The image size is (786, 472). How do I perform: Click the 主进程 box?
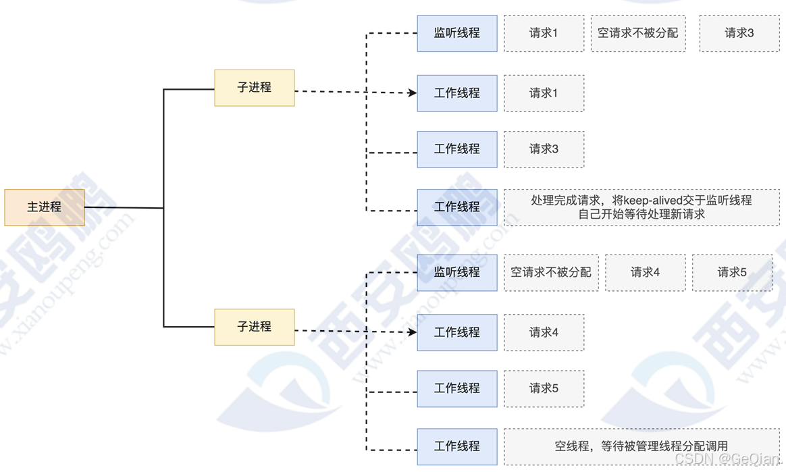pos(45,207)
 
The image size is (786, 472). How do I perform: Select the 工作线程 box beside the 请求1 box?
pos(457,93)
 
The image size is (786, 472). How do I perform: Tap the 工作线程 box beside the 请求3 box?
pos(457,149)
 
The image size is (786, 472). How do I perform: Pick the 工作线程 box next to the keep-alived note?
pos(457,207)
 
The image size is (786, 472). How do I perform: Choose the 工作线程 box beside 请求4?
pos(457,332)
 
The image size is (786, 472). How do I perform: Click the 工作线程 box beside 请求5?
pos(457,388)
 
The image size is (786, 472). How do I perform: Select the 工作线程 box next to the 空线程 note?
pos(457,446)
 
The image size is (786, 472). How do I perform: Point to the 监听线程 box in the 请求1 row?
pos(457,33)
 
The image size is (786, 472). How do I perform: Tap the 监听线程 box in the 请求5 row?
pos(457,272)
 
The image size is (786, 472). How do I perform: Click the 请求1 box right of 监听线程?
pos(544,33)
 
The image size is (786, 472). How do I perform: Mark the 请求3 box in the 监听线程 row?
pos(739,33)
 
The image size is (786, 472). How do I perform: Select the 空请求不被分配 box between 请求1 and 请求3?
pos(638,33)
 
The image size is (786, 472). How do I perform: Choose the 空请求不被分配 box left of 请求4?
pos(551,272)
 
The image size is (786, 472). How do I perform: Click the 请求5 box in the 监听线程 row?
pos(732,272)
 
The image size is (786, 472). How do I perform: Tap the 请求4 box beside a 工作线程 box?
pos(544,332)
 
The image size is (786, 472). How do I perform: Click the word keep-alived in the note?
pos(653,201)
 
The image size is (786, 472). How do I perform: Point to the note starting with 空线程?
pos(641,446)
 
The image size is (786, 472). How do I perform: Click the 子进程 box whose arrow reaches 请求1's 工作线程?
pos(255,88)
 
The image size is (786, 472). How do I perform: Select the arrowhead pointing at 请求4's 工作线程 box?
pos(413,332)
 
